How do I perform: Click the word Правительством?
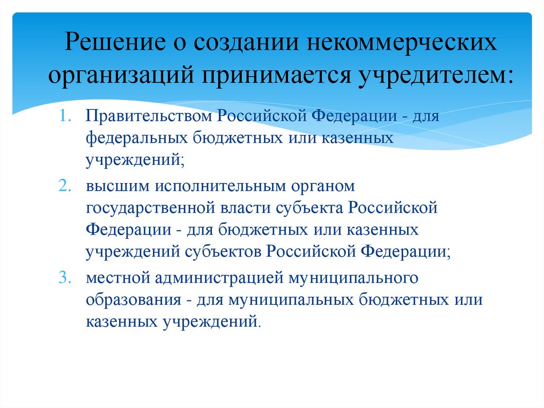tap(152, 116)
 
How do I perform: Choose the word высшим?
tap(117, 187)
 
